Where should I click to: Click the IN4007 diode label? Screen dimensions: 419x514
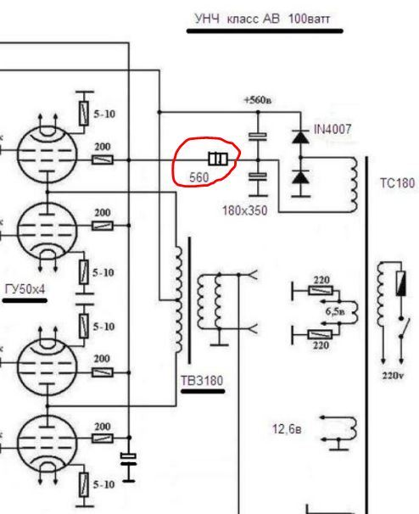click(x=332, y=129)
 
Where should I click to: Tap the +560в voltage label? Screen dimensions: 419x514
click(x=258, y=99)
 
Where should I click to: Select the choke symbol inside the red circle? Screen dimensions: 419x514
click(x=218, y=159)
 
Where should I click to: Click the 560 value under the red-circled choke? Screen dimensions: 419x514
click(x=199, y=177)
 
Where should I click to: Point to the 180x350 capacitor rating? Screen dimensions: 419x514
click(x=244, y=210)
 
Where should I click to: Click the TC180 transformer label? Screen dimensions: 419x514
click(x=397, y=183)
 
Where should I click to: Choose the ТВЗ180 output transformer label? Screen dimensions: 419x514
click(x=202, y=380)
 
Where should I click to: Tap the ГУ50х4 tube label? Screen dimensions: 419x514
click(x=25, y=289)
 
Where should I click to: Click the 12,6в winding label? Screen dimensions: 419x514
click(x=287, y=429)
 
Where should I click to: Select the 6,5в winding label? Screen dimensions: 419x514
click(x=335, y=311)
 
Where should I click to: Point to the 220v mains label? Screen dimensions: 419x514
click(x=393, y=376)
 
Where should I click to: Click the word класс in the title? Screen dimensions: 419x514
click(x=243, y=19)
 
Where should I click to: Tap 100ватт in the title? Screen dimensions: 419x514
click(x=309, y=19)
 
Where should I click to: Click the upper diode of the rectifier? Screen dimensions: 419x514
click(x=300, y=137)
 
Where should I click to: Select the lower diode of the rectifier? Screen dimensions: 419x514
click(x=300, y=177)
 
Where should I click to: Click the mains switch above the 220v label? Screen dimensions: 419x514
click(x=405, y=327)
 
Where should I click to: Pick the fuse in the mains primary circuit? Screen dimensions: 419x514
click(x=400, y=284)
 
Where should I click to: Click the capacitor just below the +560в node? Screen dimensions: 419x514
click(x=258, y=136)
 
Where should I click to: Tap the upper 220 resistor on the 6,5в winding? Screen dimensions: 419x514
click(x=321, y=291)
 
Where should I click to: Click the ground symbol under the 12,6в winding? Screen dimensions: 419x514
click(x=338, y=445)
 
